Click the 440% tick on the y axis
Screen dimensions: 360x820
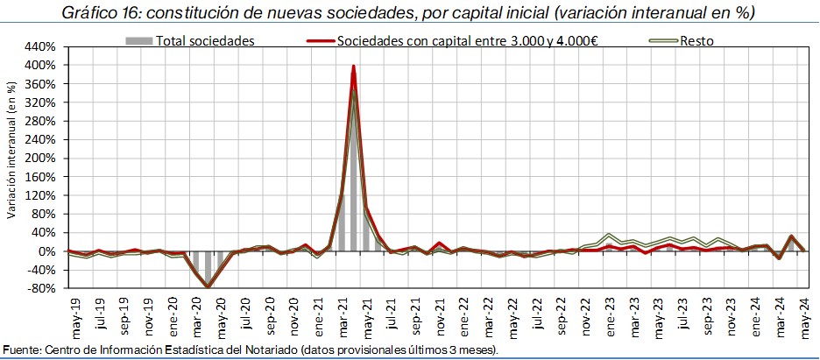coord(42,46)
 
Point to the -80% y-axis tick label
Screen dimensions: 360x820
coord(42,288)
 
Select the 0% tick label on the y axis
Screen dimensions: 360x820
coord(49,251)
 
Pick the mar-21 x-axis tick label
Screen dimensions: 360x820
coord(342,314)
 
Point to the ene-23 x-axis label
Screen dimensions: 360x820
coord(609,314)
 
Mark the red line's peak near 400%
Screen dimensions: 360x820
coord(353,66)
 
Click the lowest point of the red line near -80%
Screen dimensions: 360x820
coord(208,286)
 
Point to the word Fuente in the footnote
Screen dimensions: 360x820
coord(21,350)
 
